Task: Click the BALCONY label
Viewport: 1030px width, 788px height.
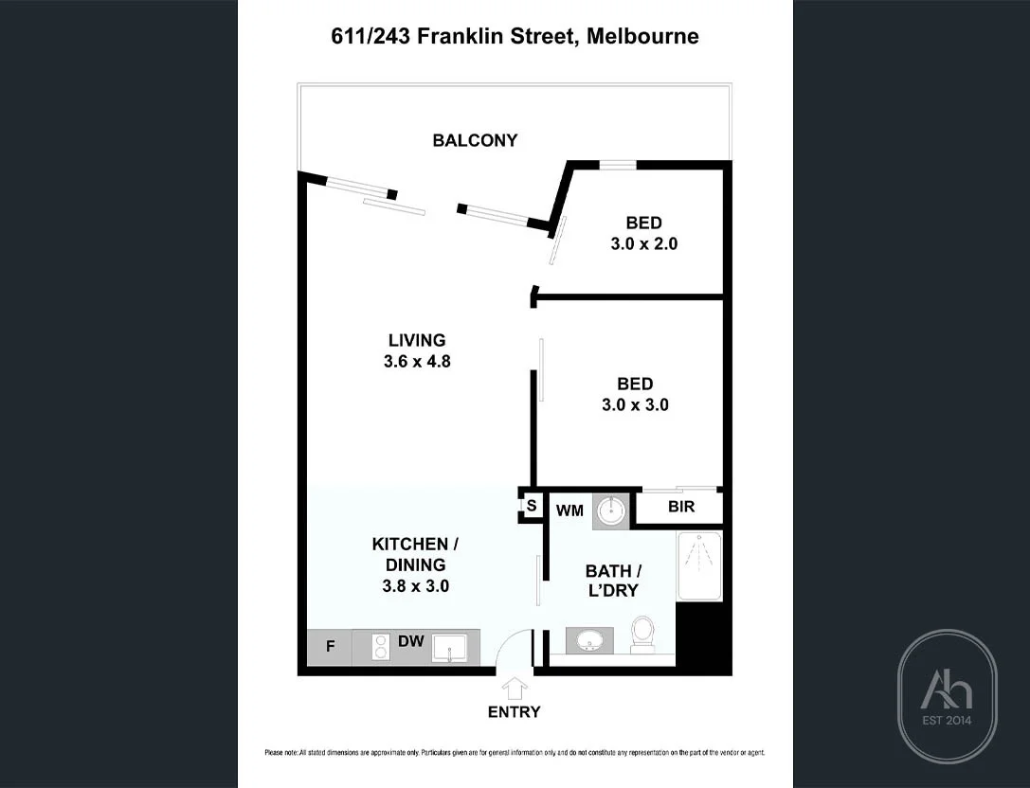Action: point(475,140)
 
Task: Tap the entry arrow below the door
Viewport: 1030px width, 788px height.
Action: point(515,686)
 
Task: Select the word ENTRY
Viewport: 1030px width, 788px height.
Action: point(515,712)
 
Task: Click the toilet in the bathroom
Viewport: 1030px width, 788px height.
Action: point(642,634)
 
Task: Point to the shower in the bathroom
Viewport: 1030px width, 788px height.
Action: point(699,565)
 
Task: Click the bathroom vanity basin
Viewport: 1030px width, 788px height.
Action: point(589,641)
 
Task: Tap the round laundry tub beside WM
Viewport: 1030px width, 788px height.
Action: point(611,510)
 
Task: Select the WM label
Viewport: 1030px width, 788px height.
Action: point(569,510)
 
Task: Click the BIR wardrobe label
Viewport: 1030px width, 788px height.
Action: point(681,507)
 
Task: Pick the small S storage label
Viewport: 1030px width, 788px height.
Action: point(532,506)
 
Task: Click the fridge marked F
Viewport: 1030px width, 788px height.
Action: point(331,647)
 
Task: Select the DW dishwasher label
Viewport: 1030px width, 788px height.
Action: point(410,641)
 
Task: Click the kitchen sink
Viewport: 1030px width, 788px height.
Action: point(449,648)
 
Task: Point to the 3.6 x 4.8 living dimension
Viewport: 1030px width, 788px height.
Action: point(417,360)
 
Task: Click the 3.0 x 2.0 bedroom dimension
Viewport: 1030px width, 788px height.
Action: point(643,243)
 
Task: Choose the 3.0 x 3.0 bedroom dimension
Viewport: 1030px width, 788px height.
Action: point(635,404)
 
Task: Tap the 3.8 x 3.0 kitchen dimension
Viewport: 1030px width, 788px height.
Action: point(415,585)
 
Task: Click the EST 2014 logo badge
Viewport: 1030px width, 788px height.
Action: point(947,696)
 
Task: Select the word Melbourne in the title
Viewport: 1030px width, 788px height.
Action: point(642,37)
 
